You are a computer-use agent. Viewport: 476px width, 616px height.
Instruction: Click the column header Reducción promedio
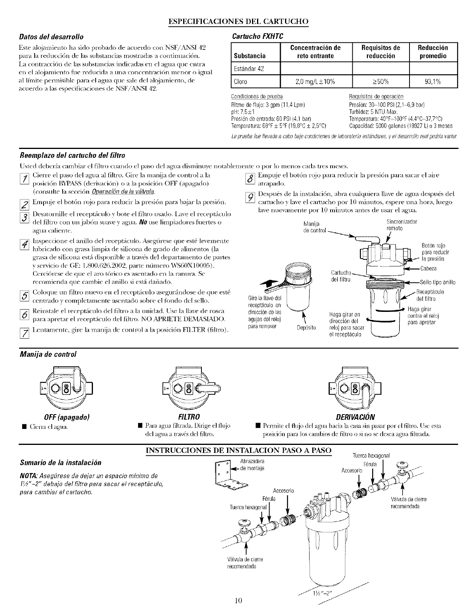433,52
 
